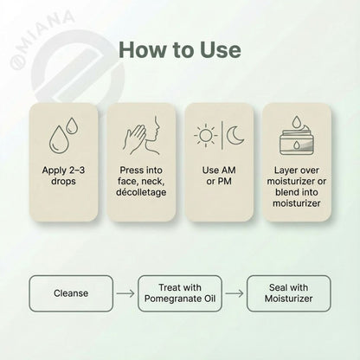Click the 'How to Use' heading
[x=179, y=50]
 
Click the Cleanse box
[x=71, y=292]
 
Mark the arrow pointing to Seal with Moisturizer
[x=235, y=292]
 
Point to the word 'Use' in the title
[x=217, y=50]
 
